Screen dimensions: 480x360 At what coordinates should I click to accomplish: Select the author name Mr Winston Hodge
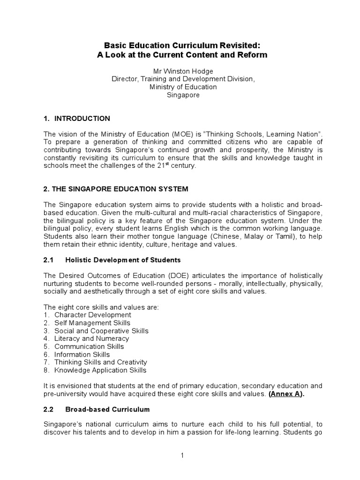(x=181, y=71)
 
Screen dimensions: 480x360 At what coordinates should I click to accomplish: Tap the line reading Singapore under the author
(x=181, y=95)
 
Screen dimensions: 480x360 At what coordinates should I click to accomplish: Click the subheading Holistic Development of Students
(x=123, y=260)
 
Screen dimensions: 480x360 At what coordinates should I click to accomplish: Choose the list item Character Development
(x=93, y=315)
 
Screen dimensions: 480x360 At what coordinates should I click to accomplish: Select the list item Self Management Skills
(x=92, y=323)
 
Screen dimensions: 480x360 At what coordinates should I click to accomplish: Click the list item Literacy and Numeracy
(x=91, y=338)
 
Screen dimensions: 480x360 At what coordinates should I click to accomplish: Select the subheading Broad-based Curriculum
(x=107, y=409)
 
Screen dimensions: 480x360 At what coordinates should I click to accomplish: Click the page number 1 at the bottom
(x=180, y=455)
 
